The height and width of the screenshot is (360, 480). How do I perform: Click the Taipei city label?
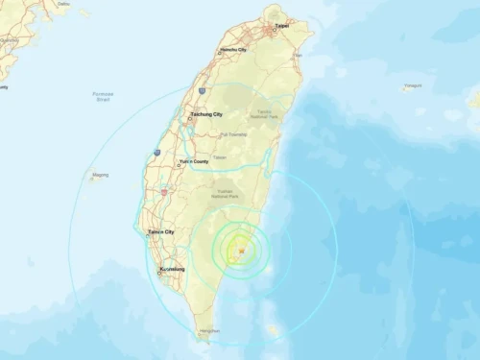282,27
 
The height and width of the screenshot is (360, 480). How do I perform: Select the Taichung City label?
207,114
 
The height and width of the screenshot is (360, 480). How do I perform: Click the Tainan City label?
161,231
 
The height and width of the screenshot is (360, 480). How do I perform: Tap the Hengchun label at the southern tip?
208,331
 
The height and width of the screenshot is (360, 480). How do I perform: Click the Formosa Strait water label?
104,95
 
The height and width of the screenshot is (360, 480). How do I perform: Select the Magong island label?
100,176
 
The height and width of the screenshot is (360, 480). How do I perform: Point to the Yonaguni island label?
412,86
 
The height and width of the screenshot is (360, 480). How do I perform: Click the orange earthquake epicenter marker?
241,251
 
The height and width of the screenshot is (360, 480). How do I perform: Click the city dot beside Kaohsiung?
159,270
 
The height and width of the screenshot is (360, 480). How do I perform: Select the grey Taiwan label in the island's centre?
220,157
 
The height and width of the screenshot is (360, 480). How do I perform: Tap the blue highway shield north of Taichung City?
202,90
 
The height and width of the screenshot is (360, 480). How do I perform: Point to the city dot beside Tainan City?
147,232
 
